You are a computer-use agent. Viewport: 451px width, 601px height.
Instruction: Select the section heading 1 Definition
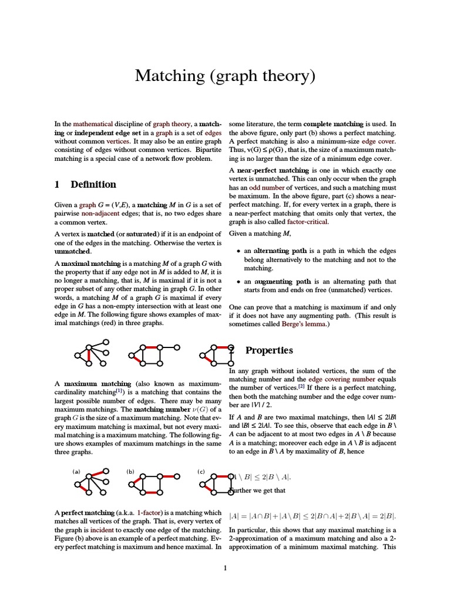click(85, 184)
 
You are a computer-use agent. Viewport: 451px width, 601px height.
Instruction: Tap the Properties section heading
click(269, 350)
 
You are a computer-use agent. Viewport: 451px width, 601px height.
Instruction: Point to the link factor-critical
click(308, 222)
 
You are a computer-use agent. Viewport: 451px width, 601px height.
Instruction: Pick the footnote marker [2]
click(301, 387)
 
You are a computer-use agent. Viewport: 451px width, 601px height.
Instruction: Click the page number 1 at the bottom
click(225, 568)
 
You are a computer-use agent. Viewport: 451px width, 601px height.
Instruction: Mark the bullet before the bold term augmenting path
click(238, 282)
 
